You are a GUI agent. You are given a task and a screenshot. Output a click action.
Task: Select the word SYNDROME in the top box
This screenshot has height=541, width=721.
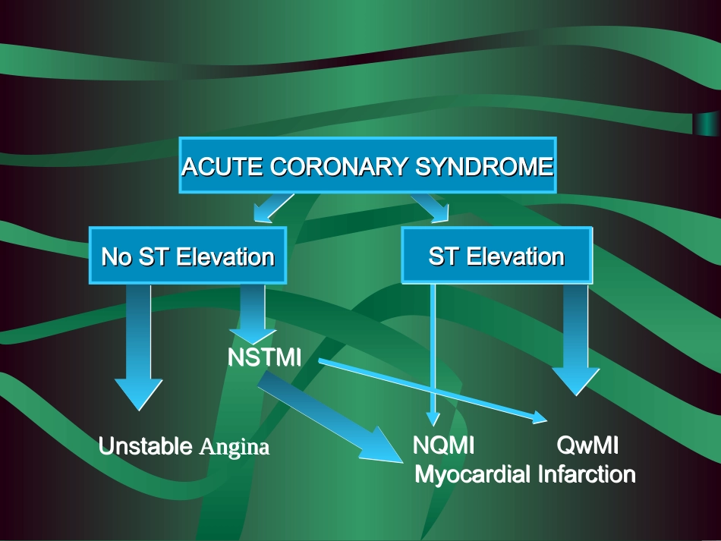(x=483, y=167)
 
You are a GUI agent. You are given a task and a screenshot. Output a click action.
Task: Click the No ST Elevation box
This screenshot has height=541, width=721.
(x=187, y=256)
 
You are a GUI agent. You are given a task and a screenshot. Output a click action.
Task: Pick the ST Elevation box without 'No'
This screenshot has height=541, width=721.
(x=496, y=256)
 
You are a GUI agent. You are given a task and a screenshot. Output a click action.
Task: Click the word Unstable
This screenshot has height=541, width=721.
(x=146, y=446)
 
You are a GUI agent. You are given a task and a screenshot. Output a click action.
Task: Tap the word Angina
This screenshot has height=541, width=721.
(x=234, y=447)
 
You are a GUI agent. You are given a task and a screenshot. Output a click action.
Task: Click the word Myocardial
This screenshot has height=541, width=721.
(x=472, y=474)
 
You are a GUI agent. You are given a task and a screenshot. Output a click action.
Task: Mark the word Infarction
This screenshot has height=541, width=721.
(x=586, y=474)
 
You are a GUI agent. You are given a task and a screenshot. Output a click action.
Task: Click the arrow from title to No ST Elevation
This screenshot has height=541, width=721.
(x=273, y=206)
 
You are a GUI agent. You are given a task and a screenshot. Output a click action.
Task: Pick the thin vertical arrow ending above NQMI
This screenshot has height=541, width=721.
(x=433, y=349)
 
